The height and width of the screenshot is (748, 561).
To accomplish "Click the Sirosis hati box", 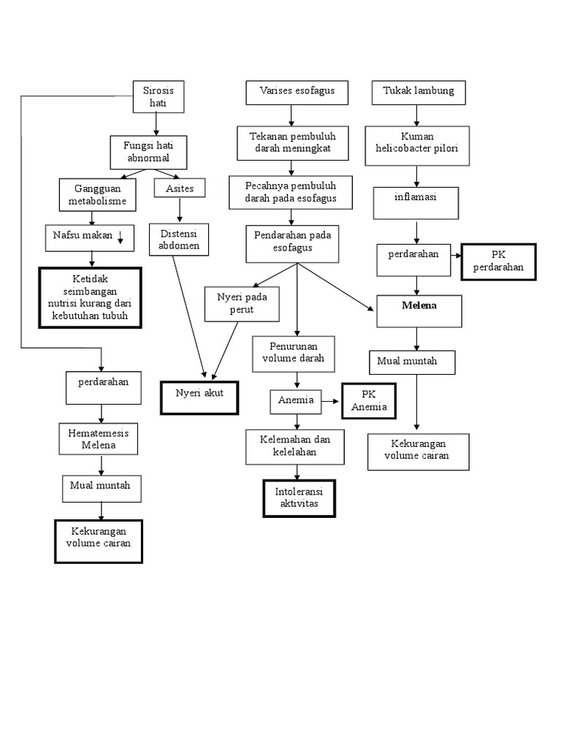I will (x=158, y=97).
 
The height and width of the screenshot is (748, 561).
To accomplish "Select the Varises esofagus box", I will (x=296, y=92).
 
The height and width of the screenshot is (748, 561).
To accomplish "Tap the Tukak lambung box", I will (x=418, y=92).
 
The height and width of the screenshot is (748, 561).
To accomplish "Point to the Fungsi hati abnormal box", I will (x=149, y=152).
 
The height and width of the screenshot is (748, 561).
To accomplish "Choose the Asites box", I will (x=180, y=188).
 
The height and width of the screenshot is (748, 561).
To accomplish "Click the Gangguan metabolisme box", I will (x=92, y=195).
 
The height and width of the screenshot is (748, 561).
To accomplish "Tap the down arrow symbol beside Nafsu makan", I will (x=121, y=235).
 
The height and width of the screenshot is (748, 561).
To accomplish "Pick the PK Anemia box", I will (x=369, y=401).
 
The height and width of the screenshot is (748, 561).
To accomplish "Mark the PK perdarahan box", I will (x=498, y=262).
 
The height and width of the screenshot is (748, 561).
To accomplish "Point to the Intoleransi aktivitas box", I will (x=299, y=497).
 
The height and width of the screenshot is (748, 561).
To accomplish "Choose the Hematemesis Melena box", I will (x=99, y=438).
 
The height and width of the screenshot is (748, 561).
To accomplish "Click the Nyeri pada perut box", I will (x=242, y=304).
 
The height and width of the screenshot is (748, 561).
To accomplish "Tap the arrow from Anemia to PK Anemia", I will (x=332, y=400).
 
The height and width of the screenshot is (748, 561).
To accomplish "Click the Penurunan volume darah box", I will (x=293, y=354).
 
